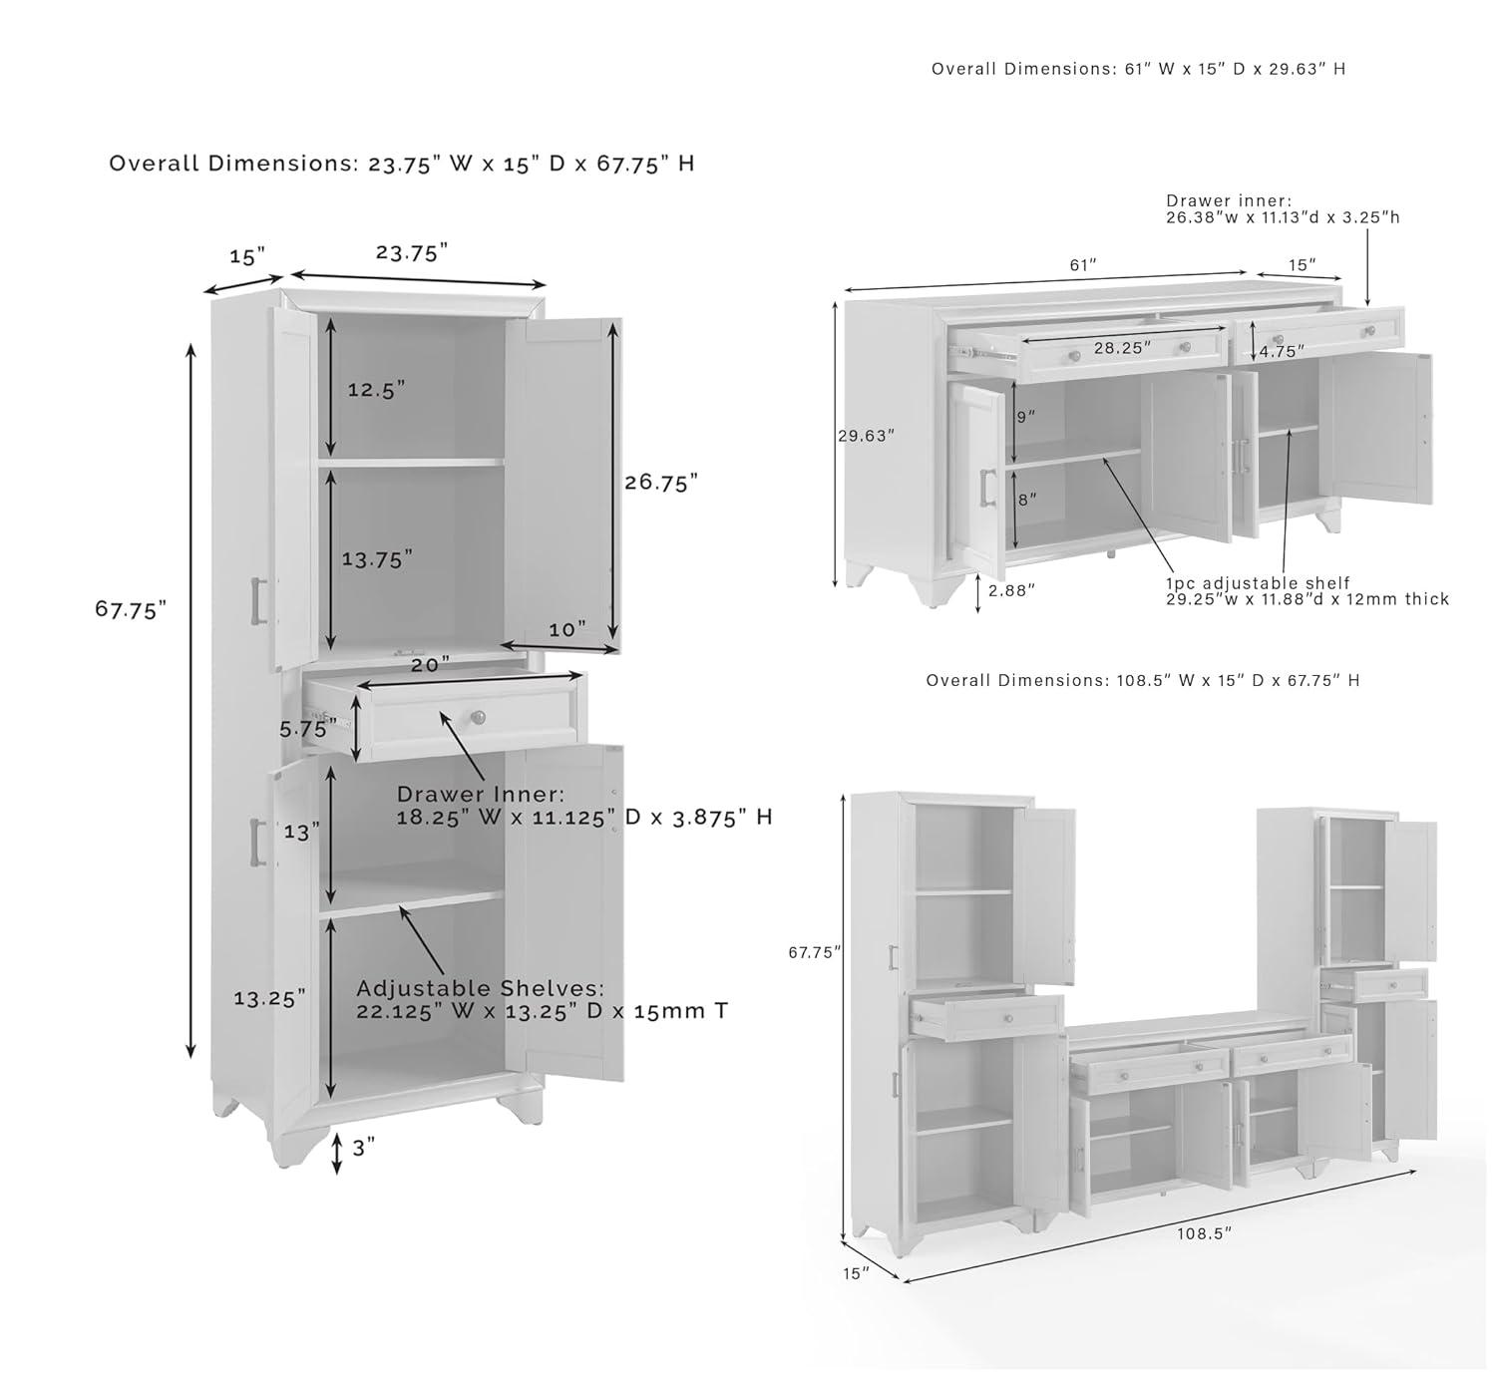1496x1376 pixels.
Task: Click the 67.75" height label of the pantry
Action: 130,609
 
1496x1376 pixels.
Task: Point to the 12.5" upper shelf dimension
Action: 376,390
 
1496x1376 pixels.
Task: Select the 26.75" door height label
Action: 660,483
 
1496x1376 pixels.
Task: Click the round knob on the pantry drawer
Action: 478,716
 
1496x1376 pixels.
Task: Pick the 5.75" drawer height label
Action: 302,729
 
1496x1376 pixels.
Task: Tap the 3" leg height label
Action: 363,1148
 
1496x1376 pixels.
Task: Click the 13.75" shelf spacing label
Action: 377,559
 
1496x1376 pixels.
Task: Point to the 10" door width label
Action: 566,629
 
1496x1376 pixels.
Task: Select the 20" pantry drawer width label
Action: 430,665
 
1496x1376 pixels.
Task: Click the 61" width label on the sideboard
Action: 1083,264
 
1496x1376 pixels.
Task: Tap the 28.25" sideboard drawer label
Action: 1122,347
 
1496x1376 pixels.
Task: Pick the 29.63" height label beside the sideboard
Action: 866,436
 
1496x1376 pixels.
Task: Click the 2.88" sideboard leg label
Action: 1011,590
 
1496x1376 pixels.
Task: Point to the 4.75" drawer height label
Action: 1282,351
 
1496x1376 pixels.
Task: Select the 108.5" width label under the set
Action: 1204,1232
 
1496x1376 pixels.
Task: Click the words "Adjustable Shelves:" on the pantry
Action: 480,988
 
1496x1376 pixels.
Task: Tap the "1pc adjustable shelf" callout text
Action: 1258,583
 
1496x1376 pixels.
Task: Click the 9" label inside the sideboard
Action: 1026,417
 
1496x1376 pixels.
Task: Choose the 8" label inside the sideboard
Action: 1026,499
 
